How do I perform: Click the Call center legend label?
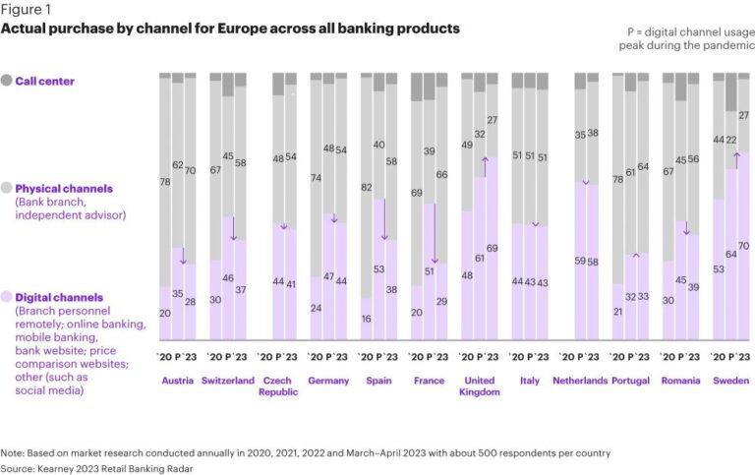pyautogui.click(x=44, y=81)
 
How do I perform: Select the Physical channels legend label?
pyautogui.click(x=64, y=188)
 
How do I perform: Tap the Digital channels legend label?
pyautogui.click(x=59, y=297)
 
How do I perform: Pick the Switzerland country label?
pyautogui.click(x=227, y=380)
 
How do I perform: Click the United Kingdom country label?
pyautogui.click(x=480, y=385)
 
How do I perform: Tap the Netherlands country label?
pyautogui.click(x=580, y=380)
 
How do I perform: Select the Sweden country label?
pyautogui.click(x=729, y=380)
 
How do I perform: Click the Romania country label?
pyautogui.click(x=681, y=380)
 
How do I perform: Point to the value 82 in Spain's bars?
pyautogui.click(x=367, y=187)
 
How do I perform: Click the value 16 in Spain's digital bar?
pyautogui.click(x=367, y=319)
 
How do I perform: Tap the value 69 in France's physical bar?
pyautogui.click(x=417, y=194)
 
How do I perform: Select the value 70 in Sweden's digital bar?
pyautogui.click(x=743, y=245)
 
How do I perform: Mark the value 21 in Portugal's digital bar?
pyautogui.click(x=617, y=312)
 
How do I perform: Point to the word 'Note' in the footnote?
pyautogui.click(x=14, y=452)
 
